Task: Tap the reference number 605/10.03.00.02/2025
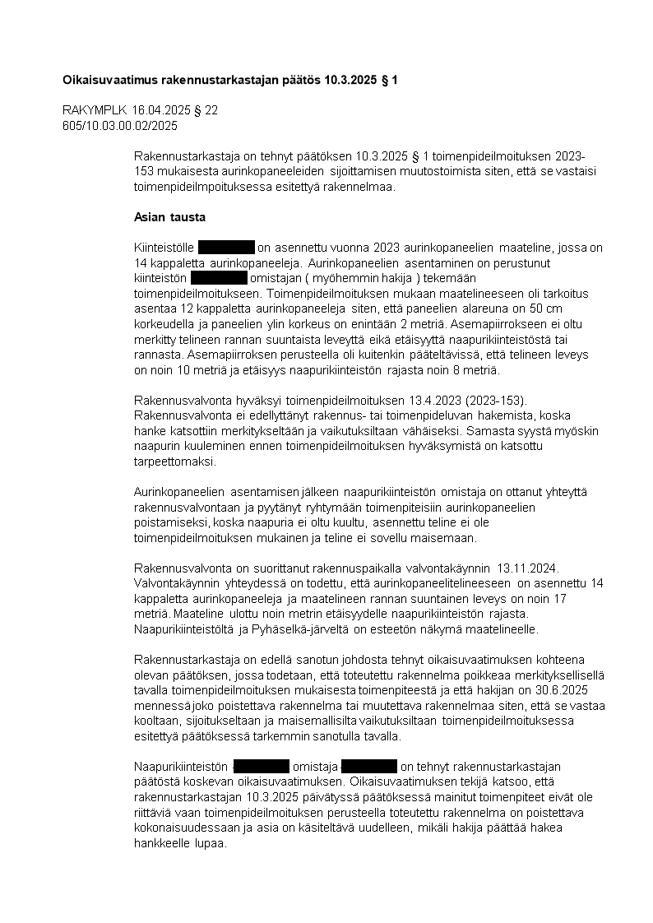tap(120, 126)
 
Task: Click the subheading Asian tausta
tap(169, 217)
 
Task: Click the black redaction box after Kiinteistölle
tap(226, 248)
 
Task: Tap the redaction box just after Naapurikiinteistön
tap(262, 767)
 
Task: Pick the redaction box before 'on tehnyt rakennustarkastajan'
tap(369, 767)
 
